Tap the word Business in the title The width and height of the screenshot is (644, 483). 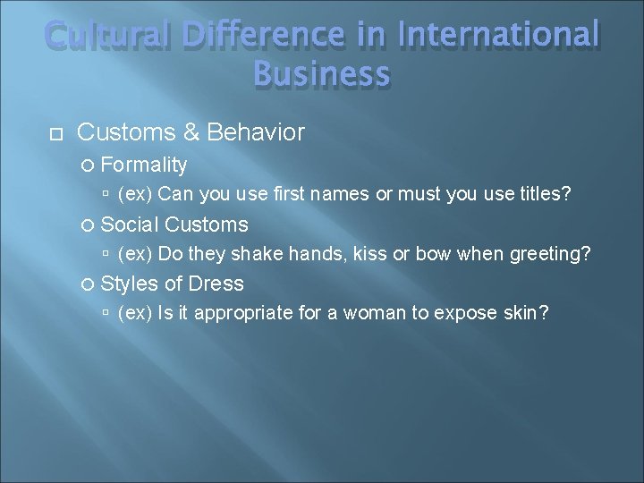tap(322, 73)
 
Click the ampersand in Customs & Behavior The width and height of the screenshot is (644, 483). tap(191, 133)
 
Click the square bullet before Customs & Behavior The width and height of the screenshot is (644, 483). tap(55, 134)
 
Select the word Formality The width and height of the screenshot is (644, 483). tap(144, 165)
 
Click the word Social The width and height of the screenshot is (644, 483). tap(130, 225)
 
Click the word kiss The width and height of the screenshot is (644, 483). tap(370, 254)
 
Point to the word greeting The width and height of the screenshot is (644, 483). tap(550, 254)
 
